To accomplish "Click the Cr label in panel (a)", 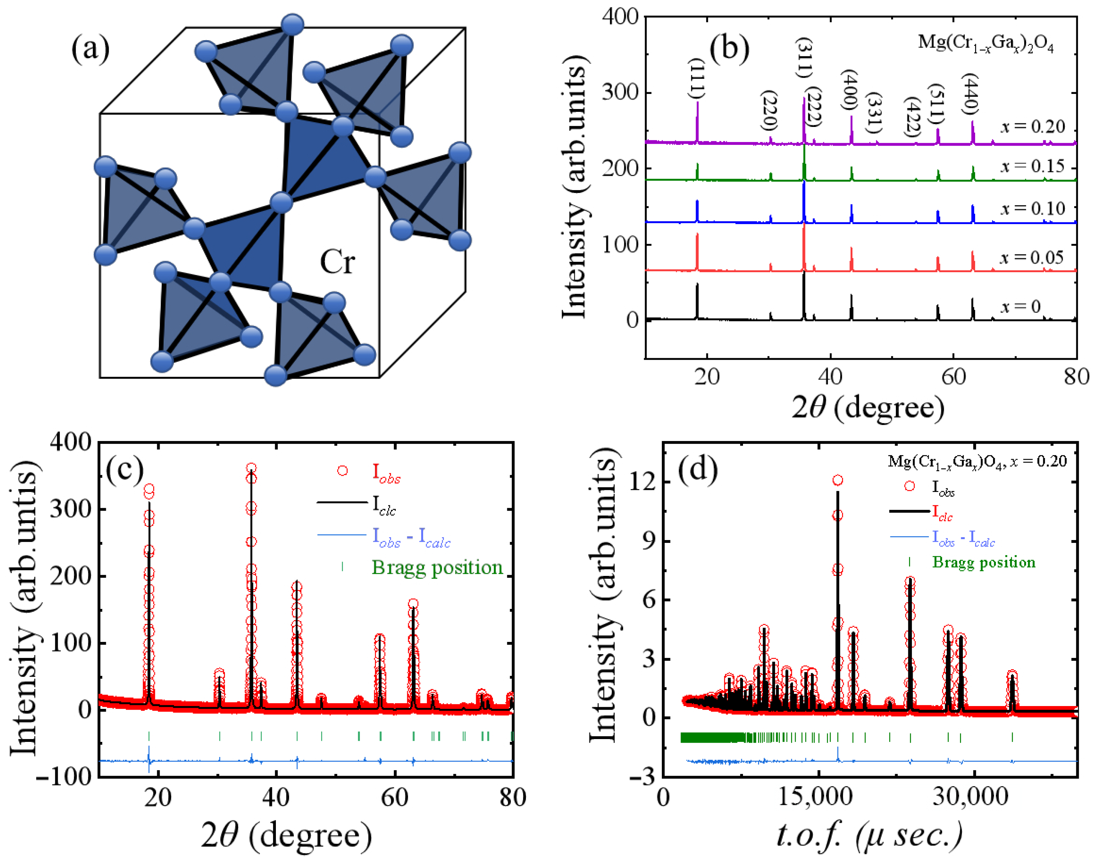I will click(x=337, y=262).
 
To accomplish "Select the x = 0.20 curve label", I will click(x=1033, y=126).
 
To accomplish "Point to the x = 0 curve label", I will click(x=1020, y=306).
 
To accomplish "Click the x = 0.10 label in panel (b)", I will click(x=1033, y=208).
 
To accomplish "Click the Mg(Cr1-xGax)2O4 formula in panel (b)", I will click(x=986, y=44).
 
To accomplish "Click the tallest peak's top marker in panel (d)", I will click(x=837, y=480).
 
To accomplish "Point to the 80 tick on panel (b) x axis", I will click(x=1076, y=377).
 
